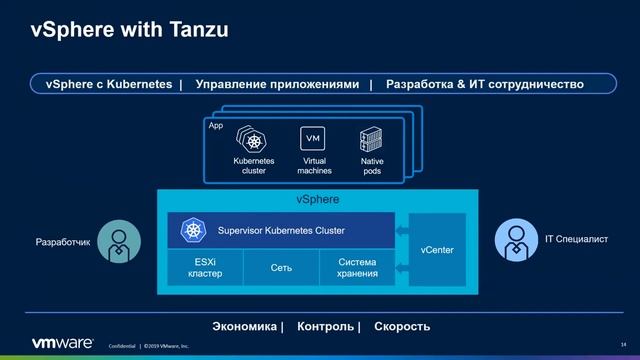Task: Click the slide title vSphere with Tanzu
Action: click(116, 30)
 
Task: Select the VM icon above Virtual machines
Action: click(312, 139)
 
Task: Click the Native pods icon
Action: click(372, 139)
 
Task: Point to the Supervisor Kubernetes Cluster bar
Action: click(280, 231)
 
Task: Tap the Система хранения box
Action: click(357, 267)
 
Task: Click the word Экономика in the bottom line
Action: click(246, 326)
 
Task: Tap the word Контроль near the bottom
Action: click(326, 326)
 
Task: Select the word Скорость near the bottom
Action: click(402, 326)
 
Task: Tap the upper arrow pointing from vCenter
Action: click(401, 231)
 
